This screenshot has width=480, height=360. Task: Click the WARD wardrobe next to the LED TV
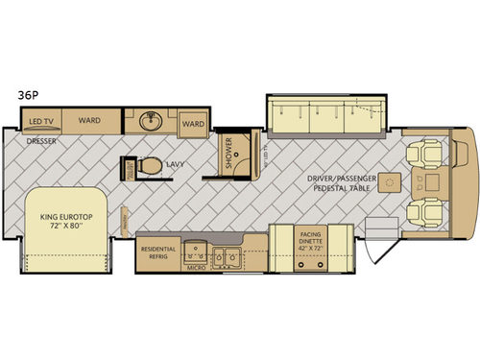[90, 121]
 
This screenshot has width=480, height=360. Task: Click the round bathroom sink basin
[151, 122]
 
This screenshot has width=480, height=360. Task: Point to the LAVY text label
[174, 164]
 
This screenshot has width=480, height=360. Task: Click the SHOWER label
[228, 152]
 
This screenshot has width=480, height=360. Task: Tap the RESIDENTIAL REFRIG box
[158, 252]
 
